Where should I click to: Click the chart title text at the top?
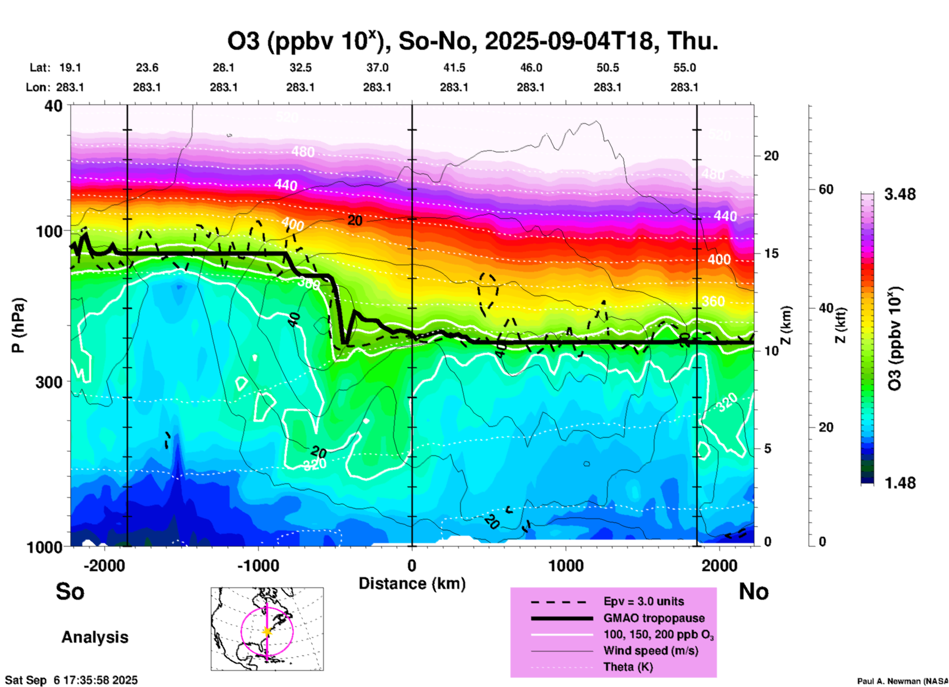[472, 41]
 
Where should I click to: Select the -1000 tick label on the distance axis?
[258, 566]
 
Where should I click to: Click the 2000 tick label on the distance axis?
[719, 566]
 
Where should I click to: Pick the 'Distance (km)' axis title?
[412, 584]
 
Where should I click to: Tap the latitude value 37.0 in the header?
[377, 68]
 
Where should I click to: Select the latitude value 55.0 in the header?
[684, 68]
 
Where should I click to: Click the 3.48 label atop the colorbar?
[900, 195]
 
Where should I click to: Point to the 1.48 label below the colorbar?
[900, 483]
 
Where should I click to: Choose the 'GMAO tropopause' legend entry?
[654, 618]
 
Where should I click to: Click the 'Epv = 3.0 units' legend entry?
[644, 601]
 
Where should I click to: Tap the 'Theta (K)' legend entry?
[628, 667]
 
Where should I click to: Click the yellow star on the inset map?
[267, 631]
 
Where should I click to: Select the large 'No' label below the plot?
[753, 591]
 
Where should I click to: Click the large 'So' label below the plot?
[70, 591]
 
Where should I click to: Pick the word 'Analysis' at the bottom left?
[95, 637]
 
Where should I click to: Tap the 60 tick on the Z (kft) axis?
[826, 189]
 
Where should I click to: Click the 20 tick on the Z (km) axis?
[771, 156]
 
